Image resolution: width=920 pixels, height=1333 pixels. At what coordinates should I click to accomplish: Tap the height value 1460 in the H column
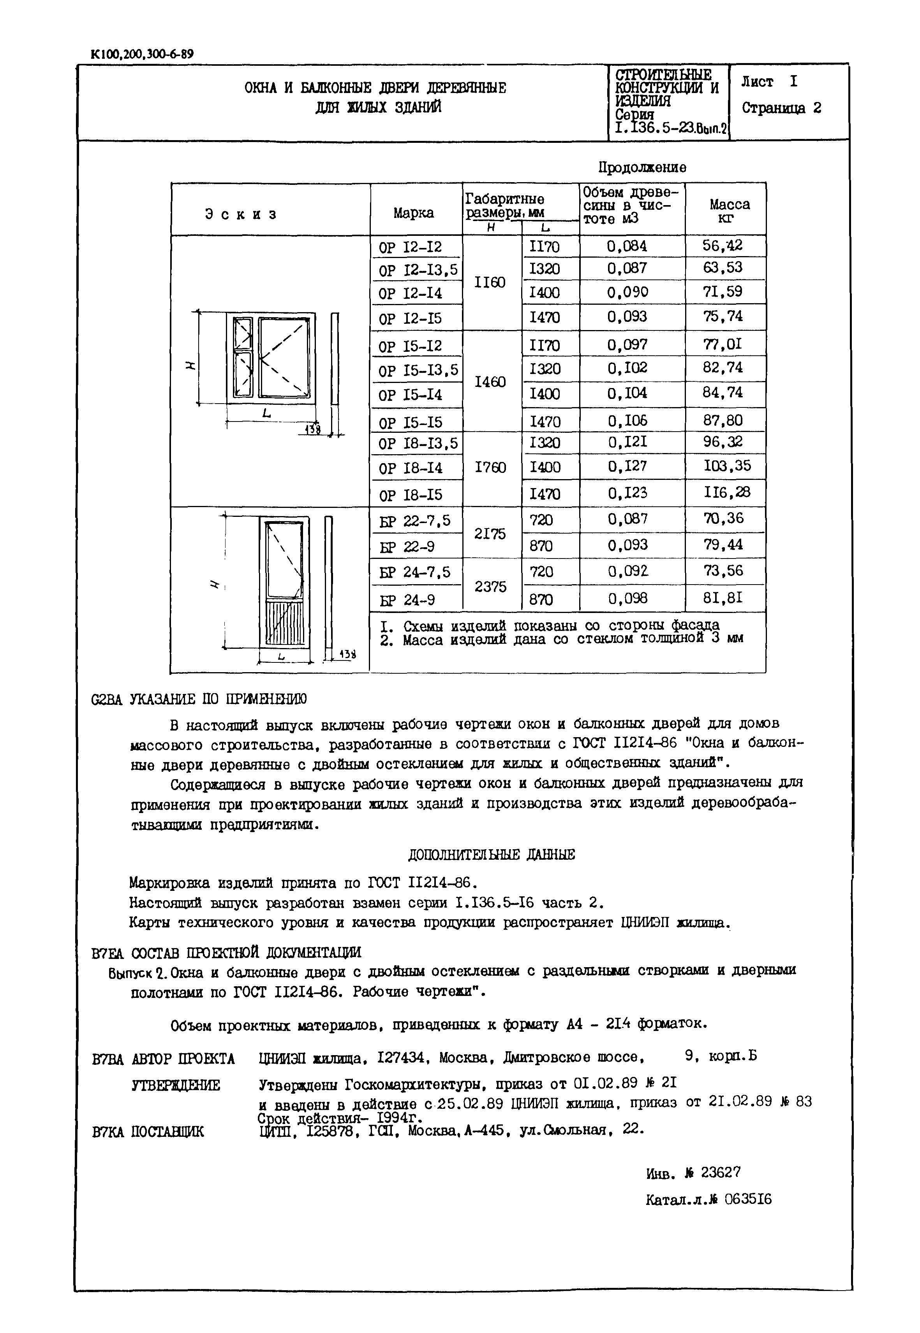pyautogui.click(x=490, y=382)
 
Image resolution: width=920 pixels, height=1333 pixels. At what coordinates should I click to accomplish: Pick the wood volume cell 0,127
pyautogui.click(x=627, y=466)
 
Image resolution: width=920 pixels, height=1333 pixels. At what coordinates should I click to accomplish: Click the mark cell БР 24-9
pyautogui.click(x=407, y=600)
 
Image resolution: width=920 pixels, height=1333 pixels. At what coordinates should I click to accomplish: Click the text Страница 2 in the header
pyautogui.click(x=781, y=108)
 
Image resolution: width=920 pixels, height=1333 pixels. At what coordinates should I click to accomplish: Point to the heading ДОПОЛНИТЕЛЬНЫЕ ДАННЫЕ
pyautogui.click(x=491, y=855)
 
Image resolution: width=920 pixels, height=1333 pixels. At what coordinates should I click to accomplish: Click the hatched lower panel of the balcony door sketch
pyautogui.click(x=284, y=622)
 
